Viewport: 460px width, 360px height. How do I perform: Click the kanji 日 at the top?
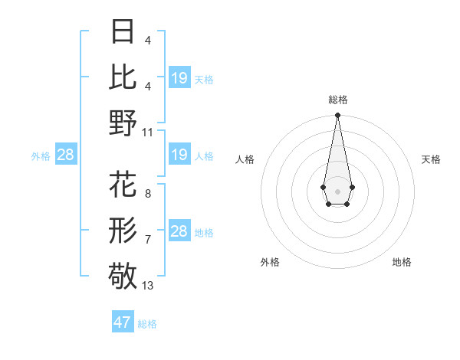coord(123,34)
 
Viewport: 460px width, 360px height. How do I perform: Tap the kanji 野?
coord(123,123)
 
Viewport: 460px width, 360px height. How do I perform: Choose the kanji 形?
coord(123,229)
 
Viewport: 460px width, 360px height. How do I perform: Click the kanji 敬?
coord(123,275)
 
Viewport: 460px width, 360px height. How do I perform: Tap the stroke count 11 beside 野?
coord(148,131)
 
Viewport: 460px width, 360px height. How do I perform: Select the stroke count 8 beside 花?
coord(147,194)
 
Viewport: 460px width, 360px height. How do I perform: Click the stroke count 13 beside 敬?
coord(148,286)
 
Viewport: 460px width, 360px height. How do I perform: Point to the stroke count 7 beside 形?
coord(147,240)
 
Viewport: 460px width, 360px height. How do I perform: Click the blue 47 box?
coord(123,322)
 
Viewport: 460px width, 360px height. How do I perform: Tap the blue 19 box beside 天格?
coord(179,78)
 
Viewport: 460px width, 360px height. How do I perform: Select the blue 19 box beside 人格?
coord(179,155)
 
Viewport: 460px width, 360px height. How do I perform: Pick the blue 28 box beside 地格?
coord(179,231)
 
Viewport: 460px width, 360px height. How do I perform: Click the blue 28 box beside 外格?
coord(65,155)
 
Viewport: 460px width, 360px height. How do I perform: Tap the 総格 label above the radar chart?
coord(337,100)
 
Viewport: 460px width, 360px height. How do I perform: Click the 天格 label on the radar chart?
coord(431,159)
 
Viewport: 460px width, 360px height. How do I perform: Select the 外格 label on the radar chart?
coord(270,262)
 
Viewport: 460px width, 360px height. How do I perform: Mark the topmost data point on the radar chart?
coord(337,116)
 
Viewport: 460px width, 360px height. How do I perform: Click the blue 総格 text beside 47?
coord(147,324)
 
